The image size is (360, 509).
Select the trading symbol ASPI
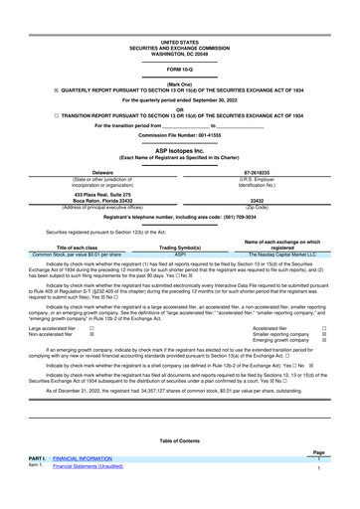pos(180,254)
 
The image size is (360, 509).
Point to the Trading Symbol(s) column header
pos(180,247)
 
